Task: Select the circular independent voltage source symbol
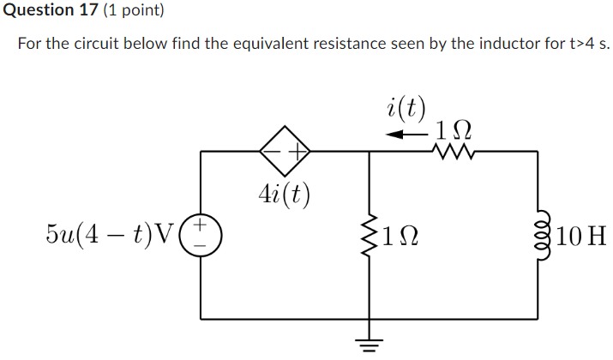[x=201, y=235]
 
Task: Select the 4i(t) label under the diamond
[x=284, y=195]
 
